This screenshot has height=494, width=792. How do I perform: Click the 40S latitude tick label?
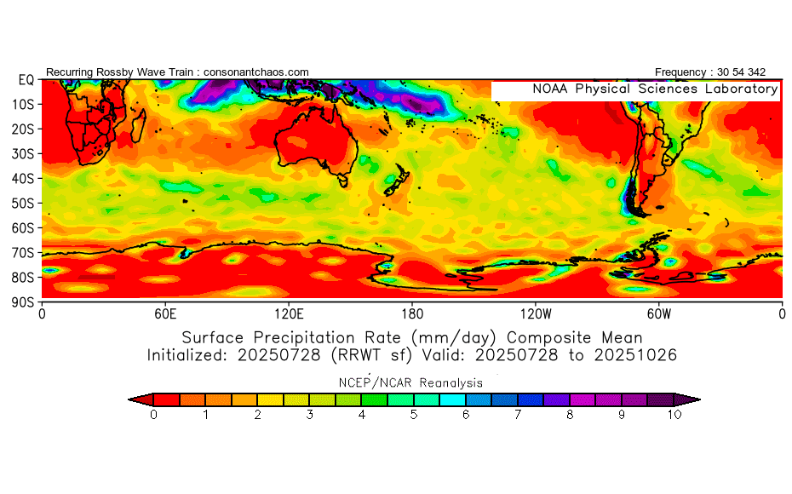tap(23, 178)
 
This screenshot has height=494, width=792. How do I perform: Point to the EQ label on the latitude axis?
tap(26, 80)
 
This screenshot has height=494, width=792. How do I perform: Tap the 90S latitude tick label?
tap(23, 302)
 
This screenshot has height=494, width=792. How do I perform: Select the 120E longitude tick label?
tap(289, 314)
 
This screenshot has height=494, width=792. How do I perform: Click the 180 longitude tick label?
tap(412, 314)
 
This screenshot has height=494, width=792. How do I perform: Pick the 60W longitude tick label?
tap(658, 314)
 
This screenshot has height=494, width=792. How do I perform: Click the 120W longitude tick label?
tap(536, 314)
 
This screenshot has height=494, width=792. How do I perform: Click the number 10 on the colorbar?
tap(674, 415)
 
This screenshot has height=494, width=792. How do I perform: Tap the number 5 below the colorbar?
tap(414, 415)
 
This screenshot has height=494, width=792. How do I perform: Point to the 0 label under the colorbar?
tap(153, 415)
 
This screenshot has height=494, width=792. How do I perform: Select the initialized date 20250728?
tap(278, 355)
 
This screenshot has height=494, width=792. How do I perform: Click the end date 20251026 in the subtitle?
tap(635, 355)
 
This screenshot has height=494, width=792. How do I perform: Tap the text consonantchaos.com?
tap(256, 72)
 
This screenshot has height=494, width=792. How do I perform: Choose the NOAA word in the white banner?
tap(550, 89)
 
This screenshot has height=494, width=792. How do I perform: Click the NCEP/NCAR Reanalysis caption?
tap(410, 383)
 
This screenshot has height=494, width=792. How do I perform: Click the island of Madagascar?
tap(139, 125)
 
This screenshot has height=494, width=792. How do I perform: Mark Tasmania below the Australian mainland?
tap(343, 180)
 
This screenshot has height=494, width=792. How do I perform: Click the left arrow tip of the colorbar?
tap(129, 399)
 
